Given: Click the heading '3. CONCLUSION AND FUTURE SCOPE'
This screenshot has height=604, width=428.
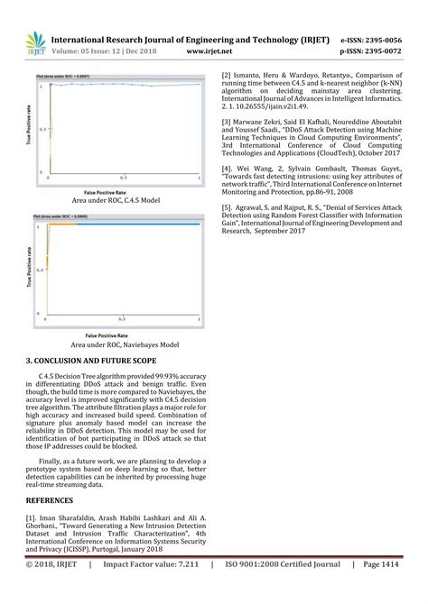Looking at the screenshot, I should pos(91,361).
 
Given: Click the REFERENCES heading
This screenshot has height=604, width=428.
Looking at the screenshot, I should pos(51,498).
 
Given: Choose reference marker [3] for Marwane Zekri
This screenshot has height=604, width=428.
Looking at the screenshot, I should pos(228,120).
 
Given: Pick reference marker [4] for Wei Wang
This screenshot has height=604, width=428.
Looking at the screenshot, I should pos(228,167).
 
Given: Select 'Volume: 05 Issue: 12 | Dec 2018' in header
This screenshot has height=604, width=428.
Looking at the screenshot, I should pos(103,51).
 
